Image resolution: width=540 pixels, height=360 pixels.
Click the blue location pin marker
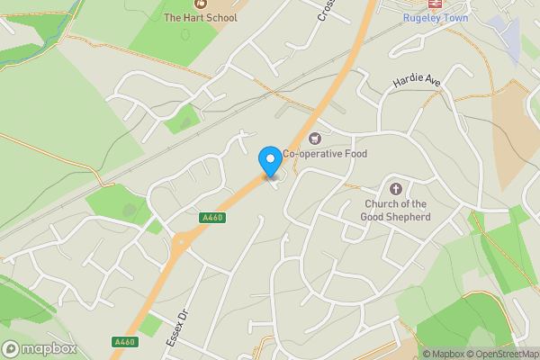click(x=269, y=161)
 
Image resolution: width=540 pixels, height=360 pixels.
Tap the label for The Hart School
click(x=201, y=18)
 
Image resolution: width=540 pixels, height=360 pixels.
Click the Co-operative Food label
click(x=325, y=154)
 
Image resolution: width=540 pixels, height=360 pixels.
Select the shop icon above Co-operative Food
click(x=314, y=138)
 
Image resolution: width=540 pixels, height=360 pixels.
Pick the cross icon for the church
click(x=395, y=188)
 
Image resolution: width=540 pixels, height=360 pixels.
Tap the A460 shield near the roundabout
click(x=212, y=218)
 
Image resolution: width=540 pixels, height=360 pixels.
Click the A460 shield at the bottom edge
click(x=126, y=342)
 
